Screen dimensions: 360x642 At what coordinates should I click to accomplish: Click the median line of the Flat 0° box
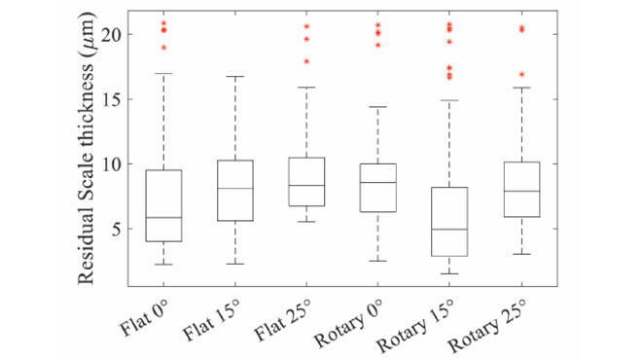tap(164, 218)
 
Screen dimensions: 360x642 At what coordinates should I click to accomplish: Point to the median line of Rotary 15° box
tap(449, 230)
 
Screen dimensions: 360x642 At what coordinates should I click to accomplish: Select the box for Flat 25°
tap(307, 181)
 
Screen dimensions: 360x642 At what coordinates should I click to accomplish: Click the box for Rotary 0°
tap(378, 187)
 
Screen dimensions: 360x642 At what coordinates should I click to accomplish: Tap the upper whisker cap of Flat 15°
tap(235, 76)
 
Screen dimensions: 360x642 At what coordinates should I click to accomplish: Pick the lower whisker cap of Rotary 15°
tap(449, 273)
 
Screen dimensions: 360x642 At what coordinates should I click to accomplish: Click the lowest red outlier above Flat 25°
tap(307, 61)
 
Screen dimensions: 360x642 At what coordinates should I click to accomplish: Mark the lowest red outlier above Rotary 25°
tap(521, 74)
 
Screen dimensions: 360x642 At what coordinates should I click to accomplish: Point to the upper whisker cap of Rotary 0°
tap(378, 107)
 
